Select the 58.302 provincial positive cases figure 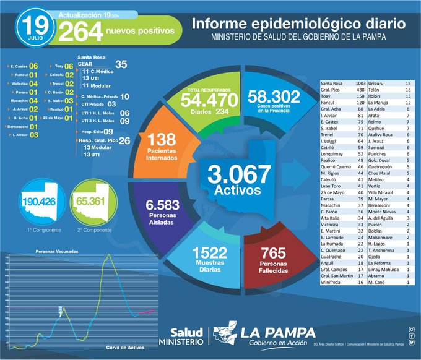(x=272, y=97)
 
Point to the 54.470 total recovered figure (x=208, y=99)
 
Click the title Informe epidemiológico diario (x=299, y=24)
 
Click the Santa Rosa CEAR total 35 (x=121, y=64)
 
